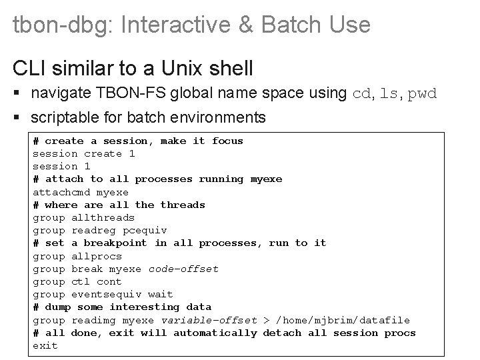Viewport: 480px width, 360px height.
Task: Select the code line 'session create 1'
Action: tap(84, 153)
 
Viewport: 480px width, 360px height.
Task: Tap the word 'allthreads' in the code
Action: tap(103, 217)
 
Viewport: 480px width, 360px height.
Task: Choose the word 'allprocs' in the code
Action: tap(97, 256)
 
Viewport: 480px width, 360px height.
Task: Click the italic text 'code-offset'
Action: tap(183, 269)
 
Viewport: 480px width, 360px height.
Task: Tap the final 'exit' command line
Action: tap(45, 345)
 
